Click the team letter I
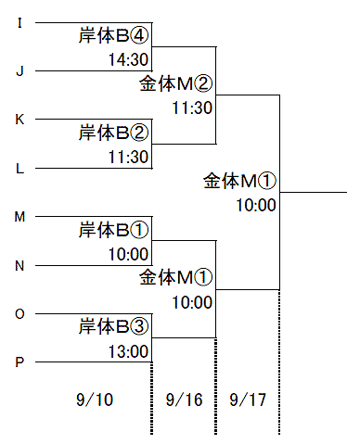[19, 23]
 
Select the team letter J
[19, 71]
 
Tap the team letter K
[19, 120]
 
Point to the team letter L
[19, 169]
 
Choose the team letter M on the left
[19, 217]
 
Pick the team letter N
[19, 265]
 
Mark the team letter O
[19, 314]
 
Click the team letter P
[19, 362]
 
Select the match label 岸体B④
[113, 35]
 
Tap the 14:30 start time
[128, 59]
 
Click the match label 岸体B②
[113, 133]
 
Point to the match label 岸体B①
[113, 230]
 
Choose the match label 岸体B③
[113, 326]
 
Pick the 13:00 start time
[128, 351]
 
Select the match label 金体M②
[176, 83]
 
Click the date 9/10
[95, 400]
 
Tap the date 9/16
[185, 400]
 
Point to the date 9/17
[248, 400]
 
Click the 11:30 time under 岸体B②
[128, 157]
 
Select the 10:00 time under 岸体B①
[128, 254]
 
